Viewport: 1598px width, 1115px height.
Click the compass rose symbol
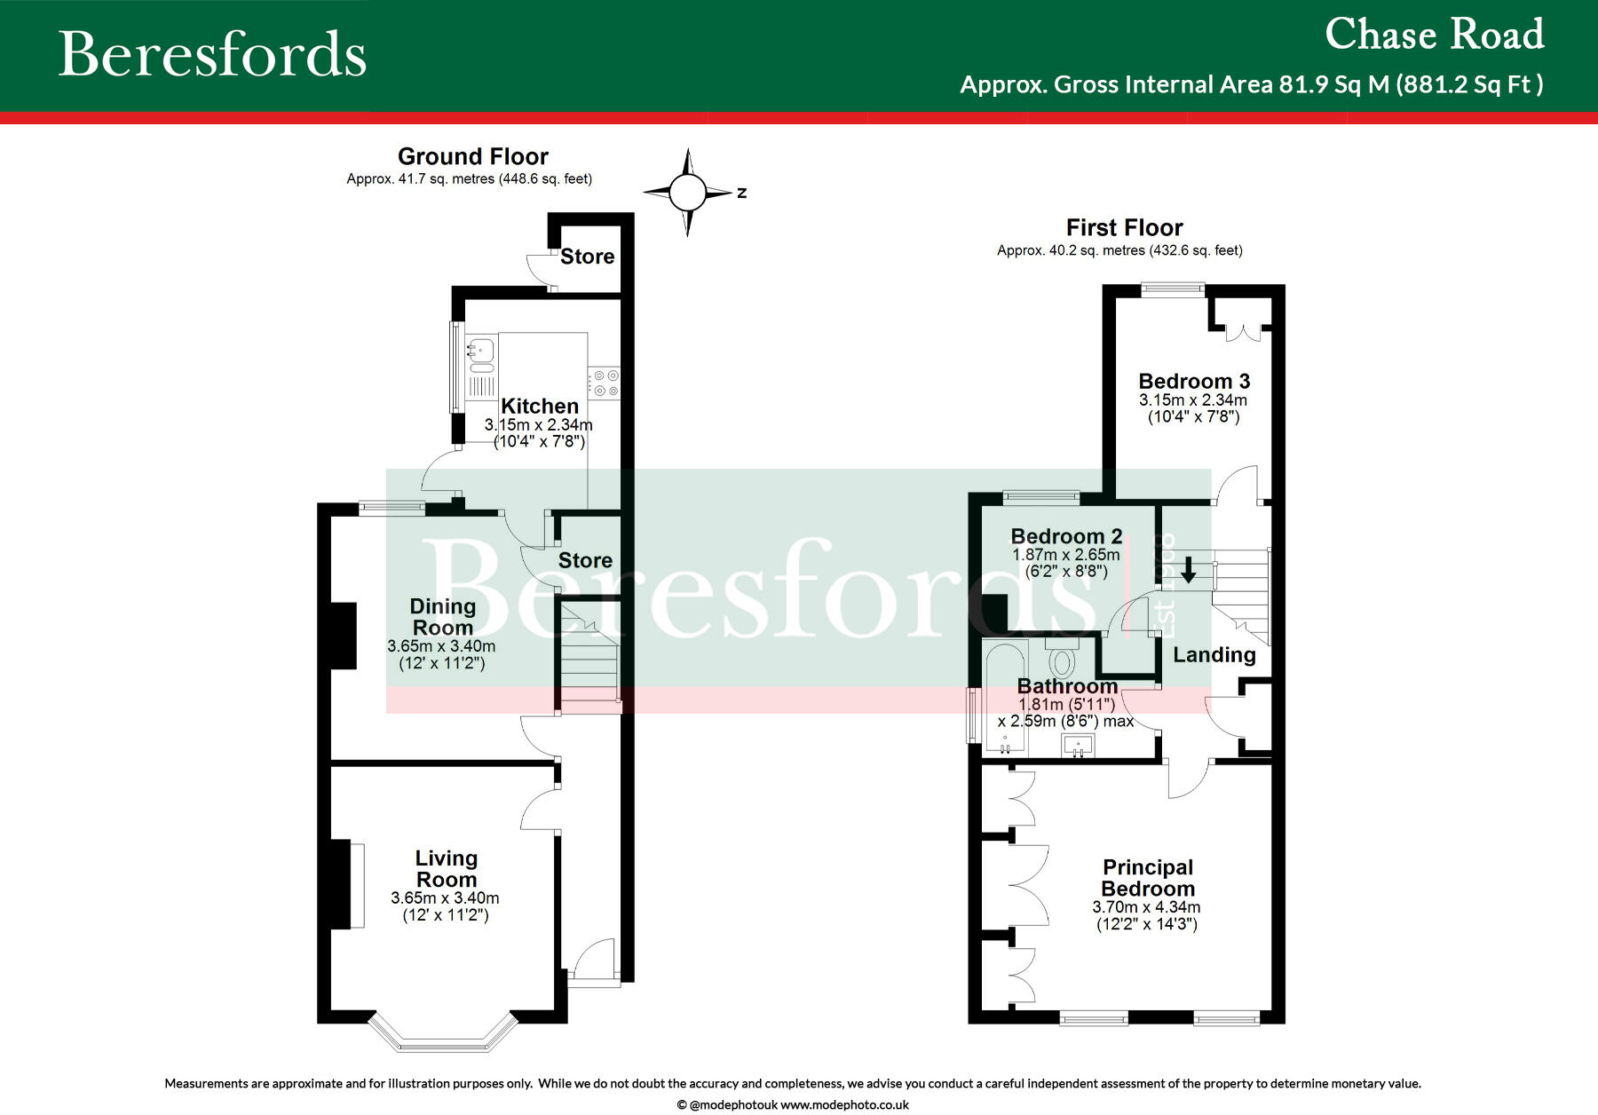687,192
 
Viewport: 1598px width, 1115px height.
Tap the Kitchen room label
540,407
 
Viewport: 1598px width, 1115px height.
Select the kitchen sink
480,353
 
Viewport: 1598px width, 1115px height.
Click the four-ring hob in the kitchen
606,383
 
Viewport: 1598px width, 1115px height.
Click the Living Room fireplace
343,884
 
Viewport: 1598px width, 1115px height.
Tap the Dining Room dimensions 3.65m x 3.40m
441,646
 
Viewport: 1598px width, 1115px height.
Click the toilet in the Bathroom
1062,660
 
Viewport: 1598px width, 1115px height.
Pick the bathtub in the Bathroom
1005,697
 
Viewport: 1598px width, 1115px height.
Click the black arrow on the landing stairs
1188,571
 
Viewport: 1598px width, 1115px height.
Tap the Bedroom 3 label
1194,382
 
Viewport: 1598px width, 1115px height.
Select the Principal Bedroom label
1148,878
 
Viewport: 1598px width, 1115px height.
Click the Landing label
1214,655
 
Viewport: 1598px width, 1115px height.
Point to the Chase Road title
1434,36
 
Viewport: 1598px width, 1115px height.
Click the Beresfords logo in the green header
212,54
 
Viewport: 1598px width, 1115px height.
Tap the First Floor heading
1124,227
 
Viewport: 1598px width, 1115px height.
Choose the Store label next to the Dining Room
585,560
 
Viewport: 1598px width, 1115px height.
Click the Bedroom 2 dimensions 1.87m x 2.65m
1066,555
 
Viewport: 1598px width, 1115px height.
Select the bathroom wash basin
1078,746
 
